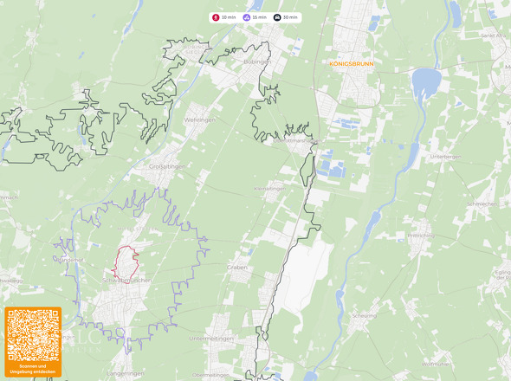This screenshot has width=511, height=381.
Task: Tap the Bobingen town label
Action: (258, 62)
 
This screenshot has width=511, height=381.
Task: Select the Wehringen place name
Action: (199, 120)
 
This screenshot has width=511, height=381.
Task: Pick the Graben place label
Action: (238, 268)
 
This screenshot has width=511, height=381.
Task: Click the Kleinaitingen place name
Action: (268, 188)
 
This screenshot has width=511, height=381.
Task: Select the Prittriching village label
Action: (421, 235)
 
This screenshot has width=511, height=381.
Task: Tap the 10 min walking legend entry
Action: (224, 17)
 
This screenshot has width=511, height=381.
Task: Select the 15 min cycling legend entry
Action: (255, 17)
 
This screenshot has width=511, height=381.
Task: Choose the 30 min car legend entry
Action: (287, 17)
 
